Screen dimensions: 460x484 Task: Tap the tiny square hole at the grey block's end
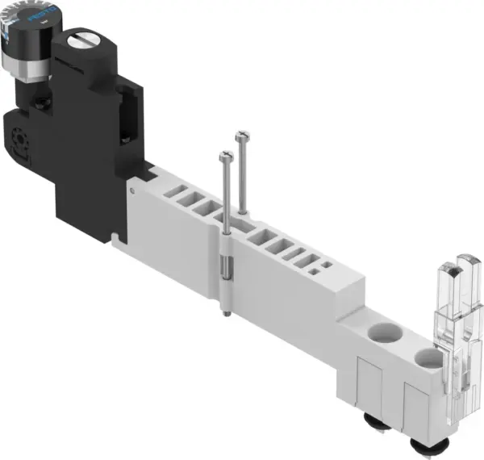[326, 264]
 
